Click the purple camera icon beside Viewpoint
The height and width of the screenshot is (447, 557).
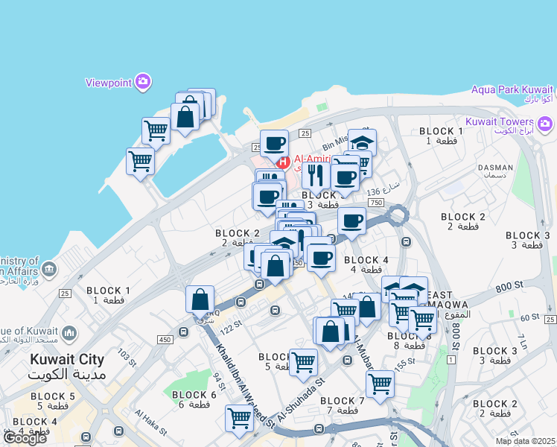[x=141, y=82]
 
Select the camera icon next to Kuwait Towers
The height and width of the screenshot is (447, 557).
[x=545, y=122]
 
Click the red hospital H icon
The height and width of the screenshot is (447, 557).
[x=283, y=161]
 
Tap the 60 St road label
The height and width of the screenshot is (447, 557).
[x=529, y=318]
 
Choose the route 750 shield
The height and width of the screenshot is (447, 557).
[x=375, y=203]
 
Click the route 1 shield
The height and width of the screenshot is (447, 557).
[x=451, y=360]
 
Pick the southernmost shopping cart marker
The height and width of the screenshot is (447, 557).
[x=239, y=418]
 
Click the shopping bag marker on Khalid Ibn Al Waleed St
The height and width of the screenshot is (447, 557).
[x=200, y=299]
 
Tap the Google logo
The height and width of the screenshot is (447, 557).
[x=25, y=438]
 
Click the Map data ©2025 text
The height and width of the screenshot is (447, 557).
[x=525, y=441]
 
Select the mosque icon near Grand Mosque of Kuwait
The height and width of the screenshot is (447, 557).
[x=69, y=332]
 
